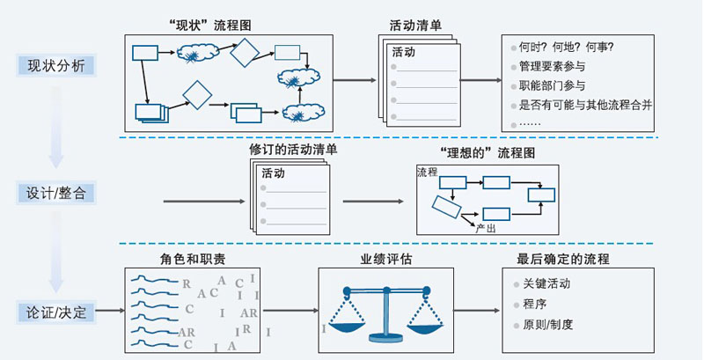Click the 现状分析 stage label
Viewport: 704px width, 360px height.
pyautogui.click(x=55, y=65)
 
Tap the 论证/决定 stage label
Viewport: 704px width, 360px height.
pyautogui.click(x=55, y=311)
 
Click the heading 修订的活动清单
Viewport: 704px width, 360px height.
pyautogui.click(x=293, y=150)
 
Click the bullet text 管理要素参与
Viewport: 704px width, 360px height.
pyautogui.click(x=553, y=66)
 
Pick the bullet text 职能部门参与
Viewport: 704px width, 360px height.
pyautogui.click(x=553, y=85)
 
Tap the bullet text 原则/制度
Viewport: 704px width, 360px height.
pyautogui.click(x=547, y=324)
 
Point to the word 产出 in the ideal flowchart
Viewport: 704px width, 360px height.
pyautogui.click(x=485, y=228)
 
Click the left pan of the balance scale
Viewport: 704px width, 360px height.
pyautogui.click(x=346, y=326)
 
